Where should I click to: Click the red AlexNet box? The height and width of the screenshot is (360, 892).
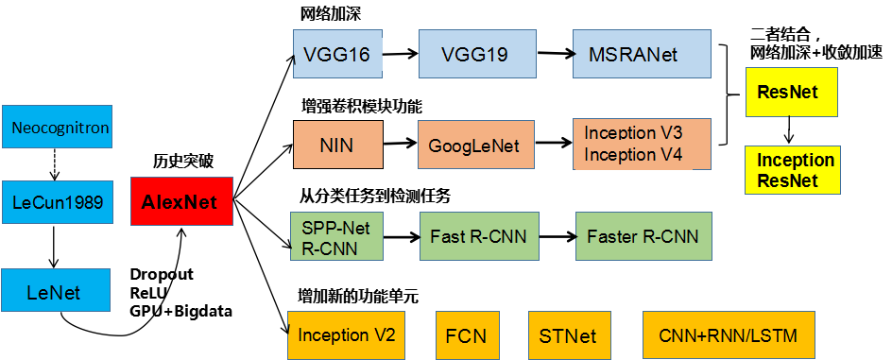[x=180, y=201]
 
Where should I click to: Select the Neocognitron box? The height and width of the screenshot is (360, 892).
[x=57, y=128]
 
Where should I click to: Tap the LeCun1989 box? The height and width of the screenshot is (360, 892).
[x=57, y=201]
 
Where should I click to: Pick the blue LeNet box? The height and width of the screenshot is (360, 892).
[x=56, y=292]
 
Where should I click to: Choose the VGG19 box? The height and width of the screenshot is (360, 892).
[x=476, y=54]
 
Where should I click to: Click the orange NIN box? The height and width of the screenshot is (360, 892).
[x=337, y=146]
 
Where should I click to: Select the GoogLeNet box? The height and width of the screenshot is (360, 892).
[x=474, y=146]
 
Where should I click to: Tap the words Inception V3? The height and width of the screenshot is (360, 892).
[x=633, y=132]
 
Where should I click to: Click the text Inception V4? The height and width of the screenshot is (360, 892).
[x=633, y=155]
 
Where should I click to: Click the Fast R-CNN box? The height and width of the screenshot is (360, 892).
[x=478, y=236]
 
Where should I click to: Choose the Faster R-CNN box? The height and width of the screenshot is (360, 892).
[x=643, y=236]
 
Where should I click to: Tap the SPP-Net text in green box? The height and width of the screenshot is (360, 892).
[x=335, y=227]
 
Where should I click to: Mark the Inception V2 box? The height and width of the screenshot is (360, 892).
[x=346, y=334]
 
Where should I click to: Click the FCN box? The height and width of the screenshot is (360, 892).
[x=466, y=334]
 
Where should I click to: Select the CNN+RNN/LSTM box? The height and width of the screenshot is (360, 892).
[x=727, y=334]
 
